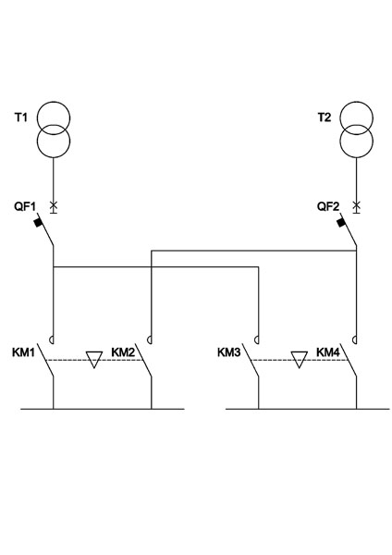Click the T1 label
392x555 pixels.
point(21,117)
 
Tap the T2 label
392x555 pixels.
point(325,117)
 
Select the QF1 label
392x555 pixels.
point(25,206)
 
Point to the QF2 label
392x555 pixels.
point(328,206)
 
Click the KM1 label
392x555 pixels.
point(24,352)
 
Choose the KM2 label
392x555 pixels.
point(123,352)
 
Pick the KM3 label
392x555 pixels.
point(229,352)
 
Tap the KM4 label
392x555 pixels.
point(328,352)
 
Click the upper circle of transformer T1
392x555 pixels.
point(54,102)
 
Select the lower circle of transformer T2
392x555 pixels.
point(356,157)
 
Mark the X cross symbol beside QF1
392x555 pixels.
point(54,205)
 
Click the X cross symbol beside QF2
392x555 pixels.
point(357,205)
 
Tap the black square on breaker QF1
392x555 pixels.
point(38,223)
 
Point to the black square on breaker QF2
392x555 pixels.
point(341,223)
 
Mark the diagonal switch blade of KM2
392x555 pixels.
point(143,360)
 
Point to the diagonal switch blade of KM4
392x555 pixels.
point(349,360)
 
